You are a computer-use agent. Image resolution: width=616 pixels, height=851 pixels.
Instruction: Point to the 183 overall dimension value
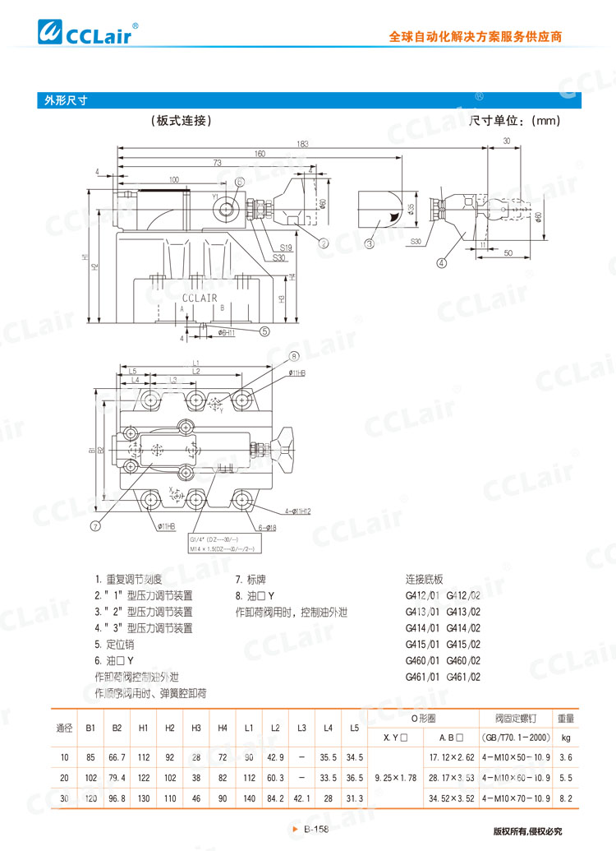tap(303, 144)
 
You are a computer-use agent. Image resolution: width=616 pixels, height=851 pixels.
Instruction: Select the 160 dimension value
tap(260, 154)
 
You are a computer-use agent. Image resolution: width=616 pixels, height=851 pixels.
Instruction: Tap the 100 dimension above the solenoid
tap(173, 179)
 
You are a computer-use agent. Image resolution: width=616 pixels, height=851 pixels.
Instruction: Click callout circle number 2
tap(324, 243)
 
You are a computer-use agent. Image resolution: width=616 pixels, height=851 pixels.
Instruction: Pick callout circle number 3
tap(370, 243)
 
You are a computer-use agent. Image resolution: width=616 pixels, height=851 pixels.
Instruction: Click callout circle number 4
tap(441, 263)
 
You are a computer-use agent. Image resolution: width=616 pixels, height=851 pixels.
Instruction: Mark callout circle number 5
tap(264, 331)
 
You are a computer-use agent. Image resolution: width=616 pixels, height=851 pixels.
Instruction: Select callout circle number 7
tap(96, 525)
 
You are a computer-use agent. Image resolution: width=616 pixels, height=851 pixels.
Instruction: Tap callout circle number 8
tap(293, 356)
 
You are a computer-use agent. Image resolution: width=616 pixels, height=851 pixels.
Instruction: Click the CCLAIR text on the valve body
tap(200, 298)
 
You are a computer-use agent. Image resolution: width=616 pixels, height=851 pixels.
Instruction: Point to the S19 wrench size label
tap(286, 247)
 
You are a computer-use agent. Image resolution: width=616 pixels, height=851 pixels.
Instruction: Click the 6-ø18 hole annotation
tap(267, 527)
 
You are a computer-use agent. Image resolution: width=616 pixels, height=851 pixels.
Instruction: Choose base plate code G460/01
tap(421, 660)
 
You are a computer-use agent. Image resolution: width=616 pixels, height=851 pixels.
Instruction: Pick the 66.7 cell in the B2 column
tap(117, 755)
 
